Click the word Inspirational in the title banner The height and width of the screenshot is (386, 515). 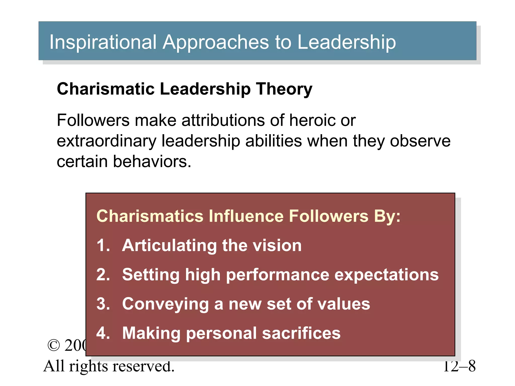(x=103, y=42)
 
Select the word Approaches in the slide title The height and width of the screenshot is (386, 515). (x=216, y=42)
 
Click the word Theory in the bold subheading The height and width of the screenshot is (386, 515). (x=284, y=89)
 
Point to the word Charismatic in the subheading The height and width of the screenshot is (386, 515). (x=106, y=89)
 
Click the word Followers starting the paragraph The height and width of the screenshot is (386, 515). (x=93, y=120)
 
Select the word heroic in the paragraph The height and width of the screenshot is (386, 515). (x=312, y=120)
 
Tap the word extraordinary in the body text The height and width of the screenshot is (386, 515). (x=106, y=141)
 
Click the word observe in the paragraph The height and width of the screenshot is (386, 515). (x=420, y=141)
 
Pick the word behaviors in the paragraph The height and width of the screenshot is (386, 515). (x=152, y=161)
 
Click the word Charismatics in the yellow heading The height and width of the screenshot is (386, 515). (x=150, y=216)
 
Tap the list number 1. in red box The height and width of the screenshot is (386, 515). (x=103, y=245)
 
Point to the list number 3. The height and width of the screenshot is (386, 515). (x=103, y=304)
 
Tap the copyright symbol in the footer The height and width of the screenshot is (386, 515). (x=54, y=345)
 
